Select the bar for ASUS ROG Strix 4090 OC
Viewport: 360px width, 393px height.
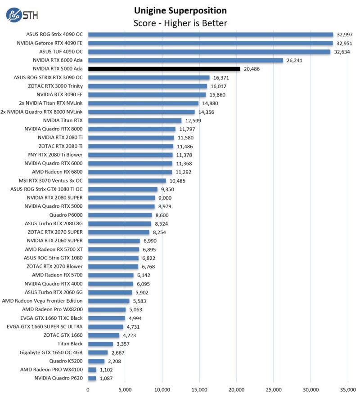pos(211,34)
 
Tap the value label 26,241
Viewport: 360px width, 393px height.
pos(295,60)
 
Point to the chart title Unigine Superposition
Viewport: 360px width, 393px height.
pos(180,10)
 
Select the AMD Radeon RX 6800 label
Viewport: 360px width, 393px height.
pos(57,172)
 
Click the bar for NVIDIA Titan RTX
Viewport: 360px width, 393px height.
pos(135,121)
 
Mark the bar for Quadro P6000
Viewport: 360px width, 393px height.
pos(120,215)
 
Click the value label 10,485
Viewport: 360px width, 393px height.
pos(178,181)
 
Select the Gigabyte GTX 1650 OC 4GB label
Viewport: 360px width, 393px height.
pos(51,352)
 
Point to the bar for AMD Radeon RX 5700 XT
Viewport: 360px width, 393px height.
pos(113,249)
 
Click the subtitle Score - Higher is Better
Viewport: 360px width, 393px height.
pos(180,23)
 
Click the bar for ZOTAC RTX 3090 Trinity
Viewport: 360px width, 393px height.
pos(148,86)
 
